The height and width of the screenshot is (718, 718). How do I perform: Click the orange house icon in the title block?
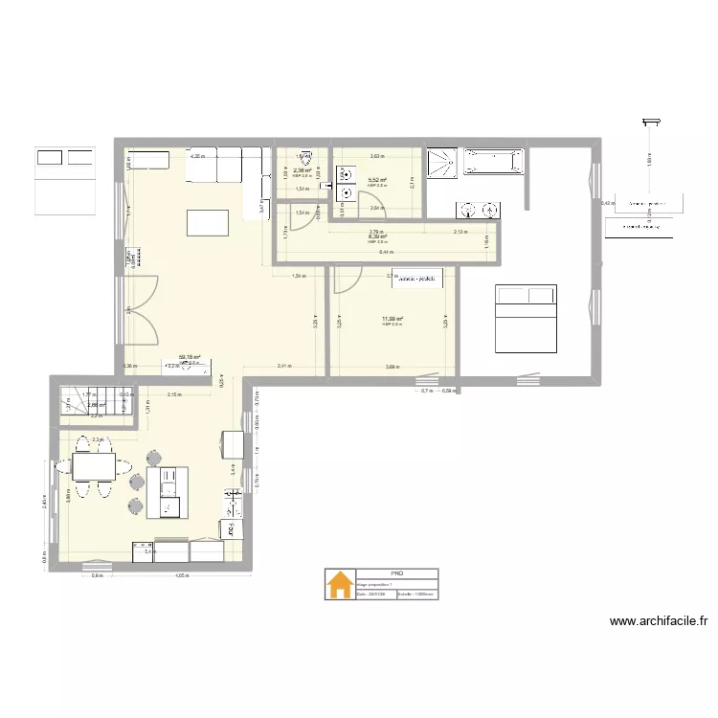[339, 585]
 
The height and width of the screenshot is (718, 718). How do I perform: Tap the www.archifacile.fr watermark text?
[659, 621]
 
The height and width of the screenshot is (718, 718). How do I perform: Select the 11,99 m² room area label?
[392, 320]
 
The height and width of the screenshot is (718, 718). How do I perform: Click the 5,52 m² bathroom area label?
[376, 180]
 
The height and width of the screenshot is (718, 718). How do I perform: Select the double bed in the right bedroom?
[525, 319]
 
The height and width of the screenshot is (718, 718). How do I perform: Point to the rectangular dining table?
[94, 467]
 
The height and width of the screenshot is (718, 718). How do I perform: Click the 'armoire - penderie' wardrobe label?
[413, 279]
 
